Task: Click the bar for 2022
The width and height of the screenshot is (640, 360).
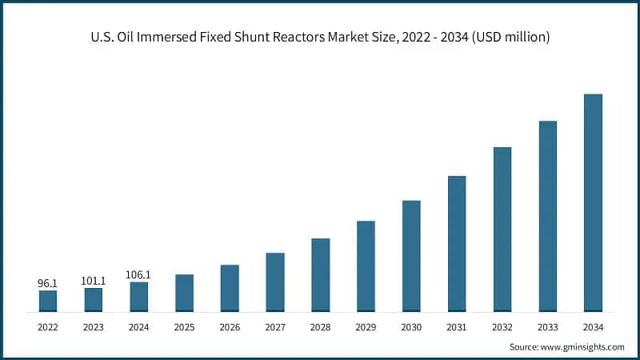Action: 48,301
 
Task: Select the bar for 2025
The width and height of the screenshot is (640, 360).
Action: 184,293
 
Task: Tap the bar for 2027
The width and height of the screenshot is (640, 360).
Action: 275,282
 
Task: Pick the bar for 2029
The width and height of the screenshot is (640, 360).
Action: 366,266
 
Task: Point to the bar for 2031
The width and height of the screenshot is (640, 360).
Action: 457,243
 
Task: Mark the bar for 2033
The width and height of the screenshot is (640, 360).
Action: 547,216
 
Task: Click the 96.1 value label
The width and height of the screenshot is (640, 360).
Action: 48,283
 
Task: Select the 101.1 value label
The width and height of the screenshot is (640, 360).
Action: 94,281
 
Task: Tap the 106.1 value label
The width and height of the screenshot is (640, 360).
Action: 138,274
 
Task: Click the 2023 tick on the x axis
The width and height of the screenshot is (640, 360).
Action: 94,326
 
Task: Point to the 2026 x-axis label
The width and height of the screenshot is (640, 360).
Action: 230,326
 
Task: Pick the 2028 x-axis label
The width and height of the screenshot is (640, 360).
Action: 320,326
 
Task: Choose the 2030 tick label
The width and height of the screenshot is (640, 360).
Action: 411,326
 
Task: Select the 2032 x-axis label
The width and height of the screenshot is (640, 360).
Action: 502,326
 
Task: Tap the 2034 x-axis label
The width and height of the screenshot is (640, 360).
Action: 593,326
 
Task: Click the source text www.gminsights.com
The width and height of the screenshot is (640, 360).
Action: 584,347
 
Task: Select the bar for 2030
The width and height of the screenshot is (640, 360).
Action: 411,255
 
